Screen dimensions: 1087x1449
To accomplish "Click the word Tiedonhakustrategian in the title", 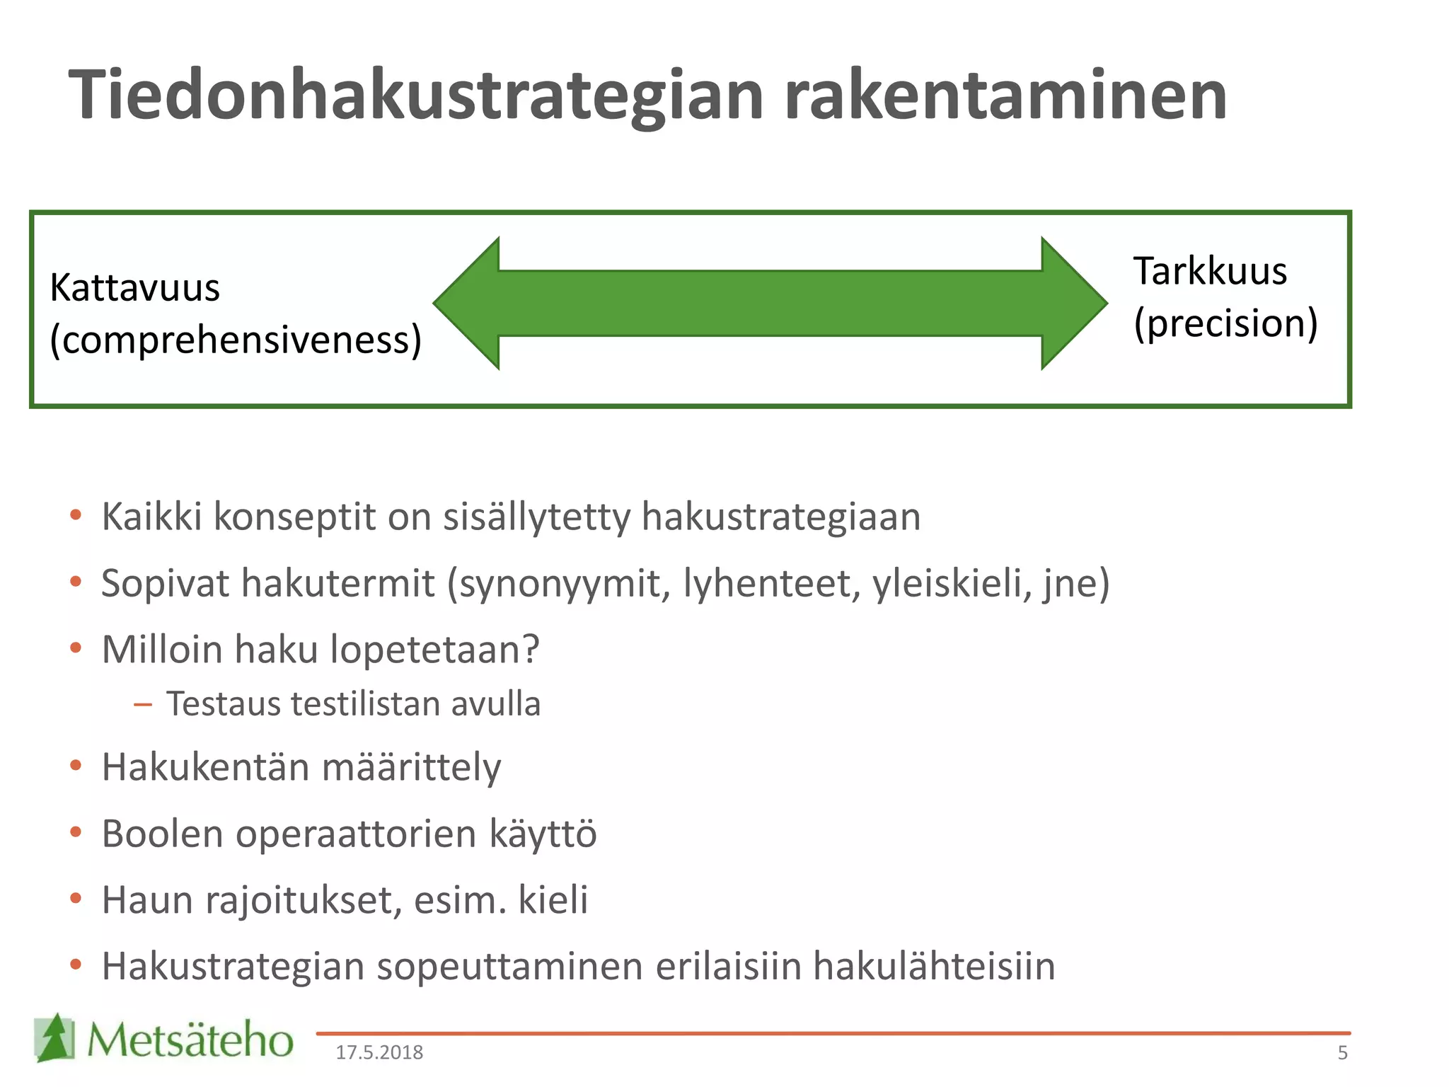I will coord(416,96).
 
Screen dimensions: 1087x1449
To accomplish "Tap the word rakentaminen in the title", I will coord(1005,96).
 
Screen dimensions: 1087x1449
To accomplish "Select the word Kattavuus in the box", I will coord(135,289).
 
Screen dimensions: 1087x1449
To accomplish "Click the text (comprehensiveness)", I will coord(236,340).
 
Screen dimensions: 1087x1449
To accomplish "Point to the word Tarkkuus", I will coord(1210,272).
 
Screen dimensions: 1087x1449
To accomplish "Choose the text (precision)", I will coord(1225,323).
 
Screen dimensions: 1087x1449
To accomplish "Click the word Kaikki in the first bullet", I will coord(152,517).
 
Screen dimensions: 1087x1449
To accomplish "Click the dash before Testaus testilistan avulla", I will coord(143,704).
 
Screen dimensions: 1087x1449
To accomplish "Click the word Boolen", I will coord(163,834).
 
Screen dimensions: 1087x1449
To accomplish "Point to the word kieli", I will coord(553,900).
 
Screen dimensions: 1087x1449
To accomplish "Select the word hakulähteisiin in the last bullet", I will coord(934,967).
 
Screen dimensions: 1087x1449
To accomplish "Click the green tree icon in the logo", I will coord(54,1037).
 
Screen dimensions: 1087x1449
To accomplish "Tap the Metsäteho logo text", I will coord(190,1040).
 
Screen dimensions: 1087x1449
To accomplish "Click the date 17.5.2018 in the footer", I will coord(379,1053).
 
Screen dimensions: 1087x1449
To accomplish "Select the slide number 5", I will coord(1342,1053).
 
